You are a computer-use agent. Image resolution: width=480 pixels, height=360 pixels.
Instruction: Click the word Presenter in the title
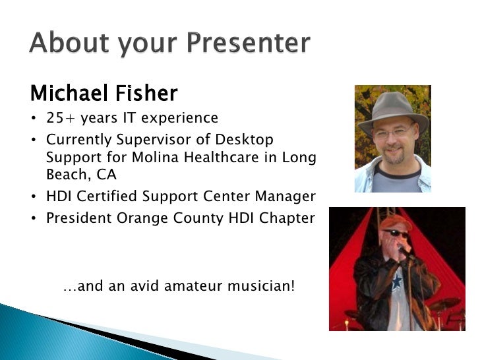(x=249, y=42)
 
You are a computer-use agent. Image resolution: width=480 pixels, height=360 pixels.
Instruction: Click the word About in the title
(x=69, y=42)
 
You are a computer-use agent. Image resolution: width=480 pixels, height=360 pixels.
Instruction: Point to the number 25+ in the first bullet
(x=60, y=118)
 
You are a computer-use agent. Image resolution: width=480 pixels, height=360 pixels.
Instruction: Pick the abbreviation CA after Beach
(x=107, y=175)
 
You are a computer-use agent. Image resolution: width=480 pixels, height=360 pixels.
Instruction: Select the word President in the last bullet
(x=78, y=218)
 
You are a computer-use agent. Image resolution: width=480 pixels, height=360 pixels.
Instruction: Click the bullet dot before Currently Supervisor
(x=34, y=140)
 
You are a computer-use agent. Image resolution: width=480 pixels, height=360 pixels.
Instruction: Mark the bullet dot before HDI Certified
(x=34, y=196)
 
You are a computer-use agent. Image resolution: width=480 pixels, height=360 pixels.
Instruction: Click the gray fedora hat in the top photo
(x=394, y=111)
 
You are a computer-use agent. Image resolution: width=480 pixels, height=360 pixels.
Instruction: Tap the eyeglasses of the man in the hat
(x=395, y=133)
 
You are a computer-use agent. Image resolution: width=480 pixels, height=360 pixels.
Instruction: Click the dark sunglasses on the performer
(x=397, y=233)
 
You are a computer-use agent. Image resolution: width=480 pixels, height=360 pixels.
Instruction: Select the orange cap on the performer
(x=396, y=222)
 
